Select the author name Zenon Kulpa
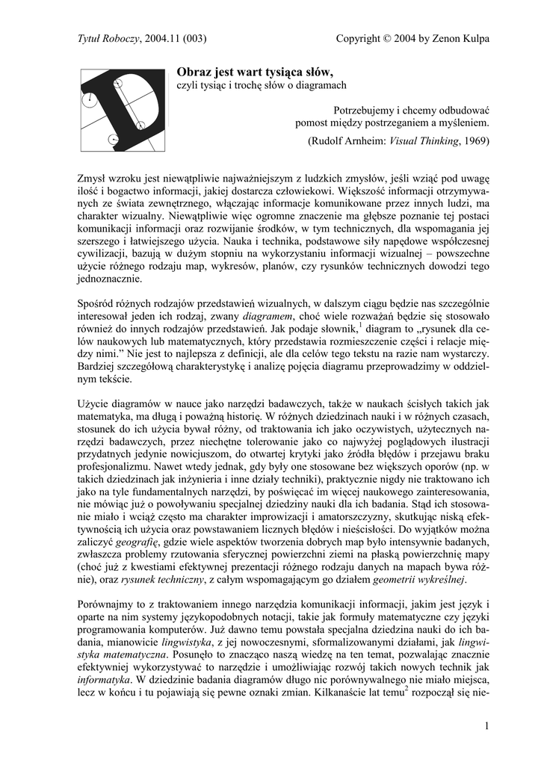[461, 39]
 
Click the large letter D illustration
[123, 109]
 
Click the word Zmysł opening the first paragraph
[93, 179]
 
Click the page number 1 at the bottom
[486, 726]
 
